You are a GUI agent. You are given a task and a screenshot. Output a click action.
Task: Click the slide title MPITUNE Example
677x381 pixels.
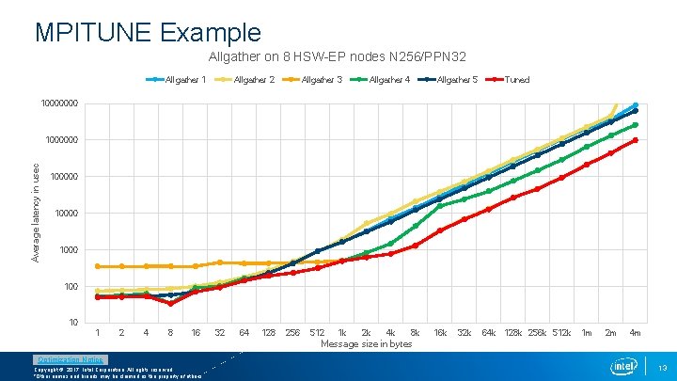(x=148, y=32)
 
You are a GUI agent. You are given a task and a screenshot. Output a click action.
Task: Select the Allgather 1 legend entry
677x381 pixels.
(x=181, y=80)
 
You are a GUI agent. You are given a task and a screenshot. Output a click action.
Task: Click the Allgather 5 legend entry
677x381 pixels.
(x=457, y=80)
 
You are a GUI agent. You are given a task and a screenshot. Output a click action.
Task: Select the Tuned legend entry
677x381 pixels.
(x=516, y=80)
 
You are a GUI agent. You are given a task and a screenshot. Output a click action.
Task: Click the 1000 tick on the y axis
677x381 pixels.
(x=66, y=250)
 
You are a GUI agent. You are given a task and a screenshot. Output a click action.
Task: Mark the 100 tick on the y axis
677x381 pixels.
(x=70, y=286)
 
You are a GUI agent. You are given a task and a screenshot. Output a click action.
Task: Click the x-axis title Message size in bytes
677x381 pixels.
(x=367, y=344)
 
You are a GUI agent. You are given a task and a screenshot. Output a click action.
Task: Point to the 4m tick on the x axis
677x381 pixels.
(x=635, y=333)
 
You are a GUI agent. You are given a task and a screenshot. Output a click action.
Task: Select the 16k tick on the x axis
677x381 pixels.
(x=439, y=333)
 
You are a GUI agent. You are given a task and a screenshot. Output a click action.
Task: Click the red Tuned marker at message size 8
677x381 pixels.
(x=170, y=303)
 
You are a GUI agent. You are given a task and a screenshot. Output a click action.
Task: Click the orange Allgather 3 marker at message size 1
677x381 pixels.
(x=98, y=266)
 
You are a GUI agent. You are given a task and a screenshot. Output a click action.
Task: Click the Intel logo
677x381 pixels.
(x=624, y=365)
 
